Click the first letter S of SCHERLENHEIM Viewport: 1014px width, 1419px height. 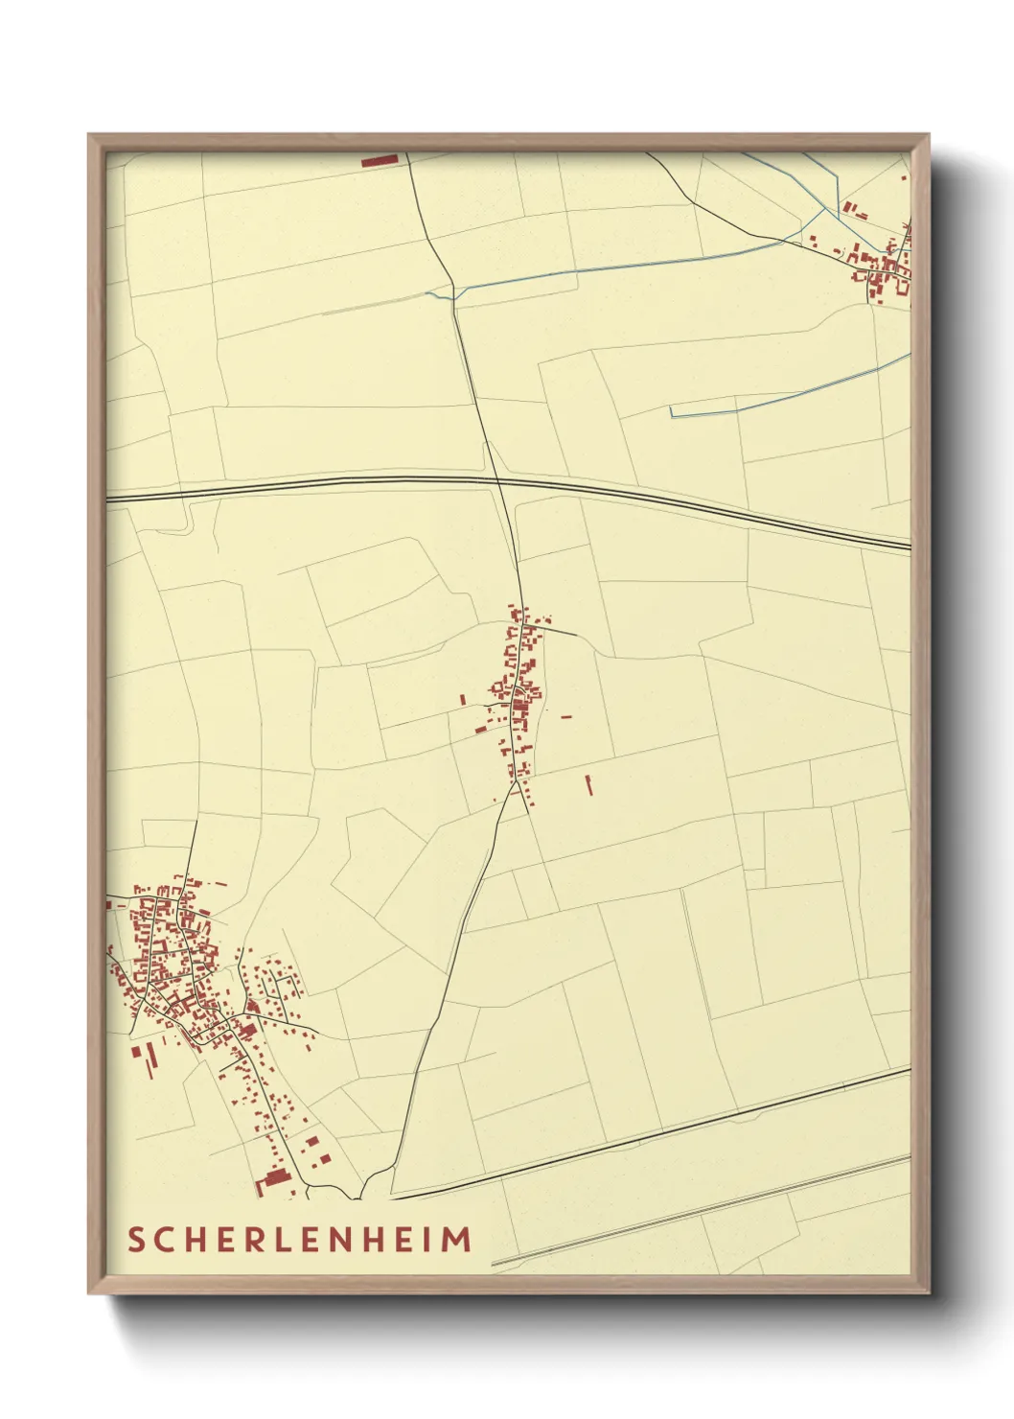pos(136,1240)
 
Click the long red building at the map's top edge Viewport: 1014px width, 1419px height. pos(380,160)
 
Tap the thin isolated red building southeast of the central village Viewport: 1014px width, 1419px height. pos(588,785)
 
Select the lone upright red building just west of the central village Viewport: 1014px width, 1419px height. pos(463,700)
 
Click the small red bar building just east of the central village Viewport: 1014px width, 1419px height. pos(565,715)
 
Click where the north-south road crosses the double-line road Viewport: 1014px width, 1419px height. pos(496,480)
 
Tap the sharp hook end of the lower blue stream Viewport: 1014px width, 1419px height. pos(671,411)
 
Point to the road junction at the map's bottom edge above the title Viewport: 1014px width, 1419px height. pos(362,1198)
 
